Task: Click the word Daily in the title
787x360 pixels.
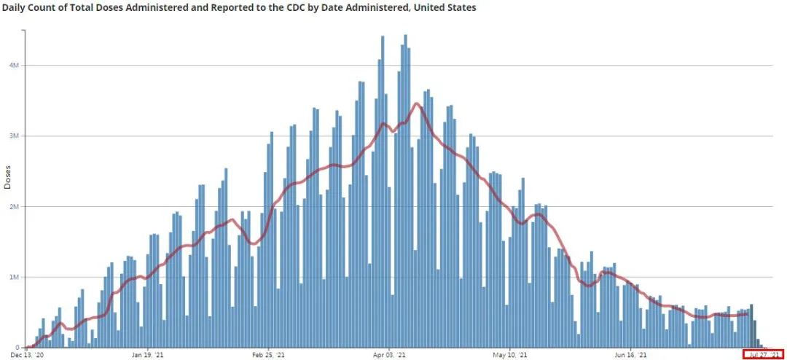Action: pyautogui.click(x=16, y=7)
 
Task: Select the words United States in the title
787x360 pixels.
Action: pyautogui.click(x=447, y=7)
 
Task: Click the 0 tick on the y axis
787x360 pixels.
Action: pyautogui.click(x=18, y=348)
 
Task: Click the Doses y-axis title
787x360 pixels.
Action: pyautogui.click(x=7, y=177)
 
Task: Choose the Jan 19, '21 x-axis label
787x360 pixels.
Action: pyautogui.click(x=147, y=355)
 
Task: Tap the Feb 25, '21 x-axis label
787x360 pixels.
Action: pyautogui.click(x=268, y=355)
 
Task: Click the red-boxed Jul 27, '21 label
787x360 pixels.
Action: pyautogui.click(x=763, y=355)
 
